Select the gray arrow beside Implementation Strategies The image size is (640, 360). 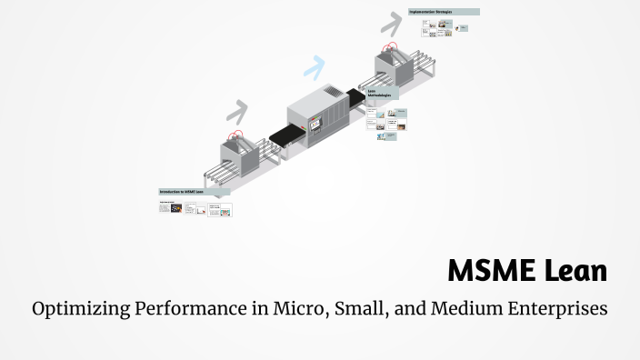[x=393, y=20]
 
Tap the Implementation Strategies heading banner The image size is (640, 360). [x=444, y=12]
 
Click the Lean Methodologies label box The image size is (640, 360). [x=382, y=94]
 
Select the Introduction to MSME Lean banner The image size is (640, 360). [x=194, y=192]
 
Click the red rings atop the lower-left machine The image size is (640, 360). [x=237, y=135]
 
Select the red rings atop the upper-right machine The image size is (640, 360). [x=390, y=47]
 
